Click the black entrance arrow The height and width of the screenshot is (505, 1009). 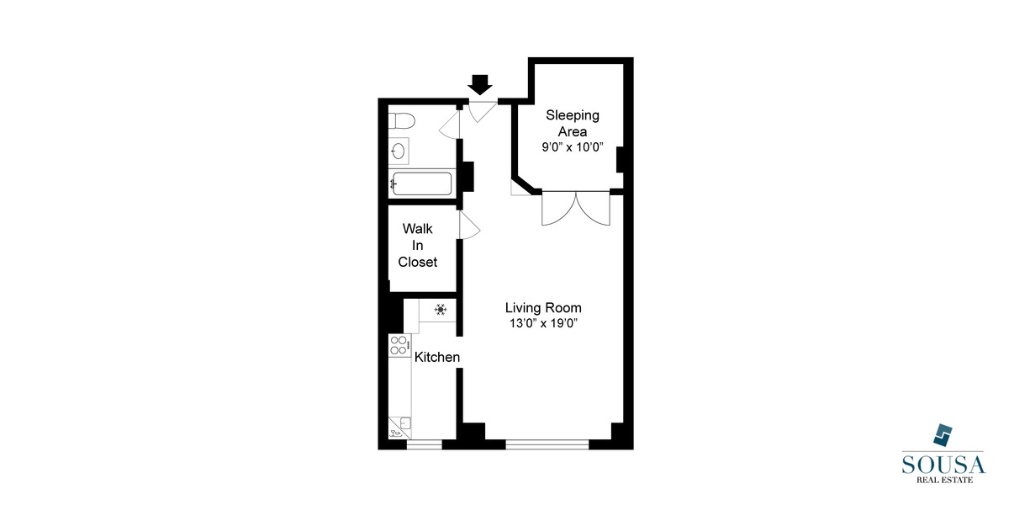480,84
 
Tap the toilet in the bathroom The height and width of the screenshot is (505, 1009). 399,120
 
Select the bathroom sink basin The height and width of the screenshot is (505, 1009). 399,151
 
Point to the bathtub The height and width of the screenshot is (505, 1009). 421,183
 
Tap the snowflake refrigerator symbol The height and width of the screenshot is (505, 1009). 441,310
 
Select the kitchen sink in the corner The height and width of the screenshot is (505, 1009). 400,427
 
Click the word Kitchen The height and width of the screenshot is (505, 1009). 437,358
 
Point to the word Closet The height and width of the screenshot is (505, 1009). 418,262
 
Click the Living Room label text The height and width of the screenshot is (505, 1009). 543,308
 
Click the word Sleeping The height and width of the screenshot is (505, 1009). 573,114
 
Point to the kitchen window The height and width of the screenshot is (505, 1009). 425,442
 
